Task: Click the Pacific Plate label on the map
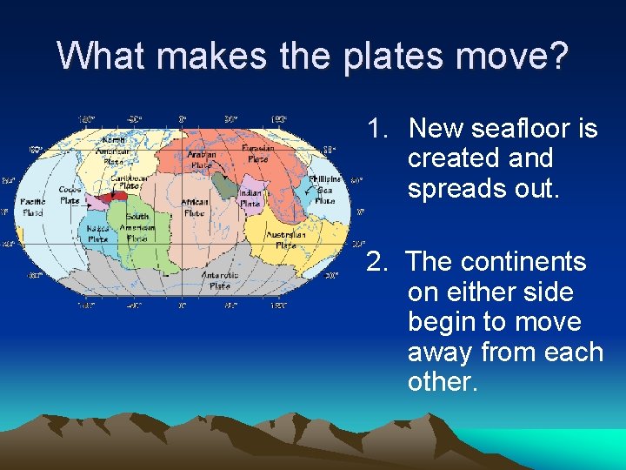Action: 33,207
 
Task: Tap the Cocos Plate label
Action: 70,195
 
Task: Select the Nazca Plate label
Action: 98,233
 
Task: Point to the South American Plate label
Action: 137,227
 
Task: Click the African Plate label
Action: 194,207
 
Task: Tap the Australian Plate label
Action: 286,239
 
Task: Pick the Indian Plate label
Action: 250,198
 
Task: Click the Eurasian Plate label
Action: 258,154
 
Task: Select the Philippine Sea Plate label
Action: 323,190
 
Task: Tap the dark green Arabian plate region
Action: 225,185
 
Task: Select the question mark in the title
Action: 558,56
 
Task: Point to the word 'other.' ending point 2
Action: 443,382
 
